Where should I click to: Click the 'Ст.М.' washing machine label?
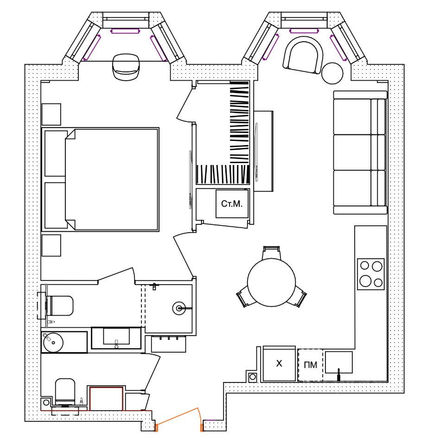point(232,203)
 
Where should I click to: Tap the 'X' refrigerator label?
point(279,364)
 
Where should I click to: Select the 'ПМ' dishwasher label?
point(311,365)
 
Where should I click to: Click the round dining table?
point(271,281)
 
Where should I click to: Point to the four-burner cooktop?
point(371,274)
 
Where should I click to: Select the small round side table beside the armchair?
point(332,72)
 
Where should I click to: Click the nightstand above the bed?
point(51,114)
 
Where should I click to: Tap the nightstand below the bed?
point(51,245)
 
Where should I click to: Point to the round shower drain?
point(179,307)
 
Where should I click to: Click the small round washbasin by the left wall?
point(52,342)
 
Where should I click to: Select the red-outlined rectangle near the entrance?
point(106,399)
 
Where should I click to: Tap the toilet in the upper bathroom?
point(60,305)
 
